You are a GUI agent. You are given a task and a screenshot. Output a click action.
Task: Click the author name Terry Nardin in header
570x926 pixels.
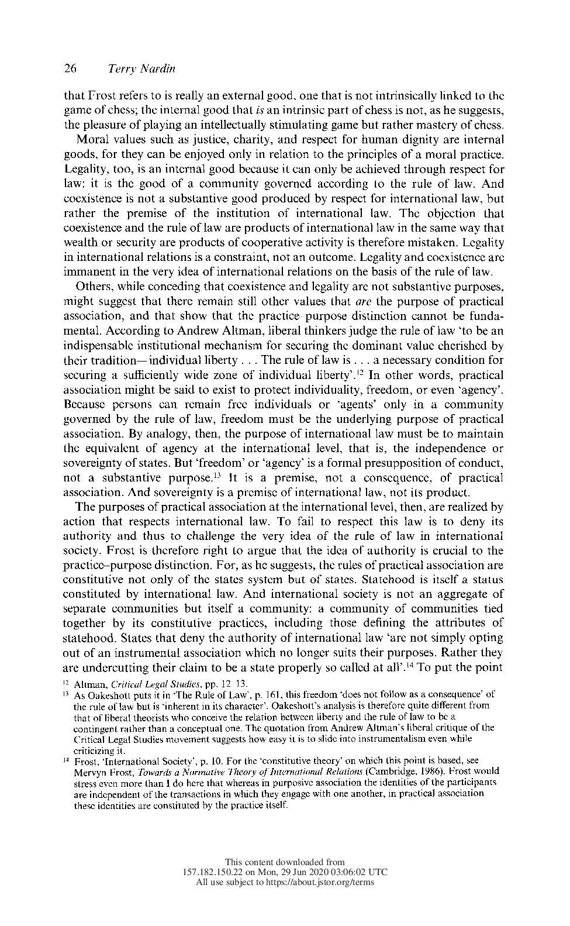tap(141, 69)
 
